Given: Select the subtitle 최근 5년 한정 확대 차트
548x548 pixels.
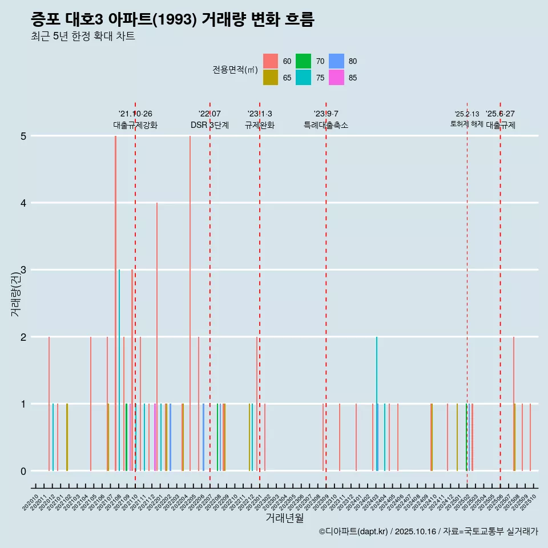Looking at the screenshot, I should pyautogui.click(x=83, y=37).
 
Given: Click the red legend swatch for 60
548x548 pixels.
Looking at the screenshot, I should pyautogui.click(x=271, y=61).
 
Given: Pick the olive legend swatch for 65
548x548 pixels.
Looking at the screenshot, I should pyautogui.click(x=271, y=78).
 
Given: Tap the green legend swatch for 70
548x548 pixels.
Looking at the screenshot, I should pyautogui.click(x=304, y=61).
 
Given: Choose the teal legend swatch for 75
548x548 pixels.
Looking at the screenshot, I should pyautogui.click(x=304, y=78).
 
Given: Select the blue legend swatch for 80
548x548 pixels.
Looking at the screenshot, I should pyautogui.click(x=337, y=61).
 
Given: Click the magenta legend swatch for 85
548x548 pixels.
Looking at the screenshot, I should pyautogui.click(x=337, y=78).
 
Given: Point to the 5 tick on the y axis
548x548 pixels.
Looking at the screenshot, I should pyautogui.click(x=23, y=136).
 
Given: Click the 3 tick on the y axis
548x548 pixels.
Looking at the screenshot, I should pyautogui.click(x=23, y=270).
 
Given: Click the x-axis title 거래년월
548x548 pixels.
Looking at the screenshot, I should pyautogui.click(x=284, y=518).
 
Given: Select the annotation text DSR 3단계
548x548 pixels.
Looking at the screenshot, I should pyautogui.click(x=209, y=125).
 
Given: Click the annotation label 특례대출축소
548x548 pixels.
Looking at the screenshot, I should pyautogui.click(x=325, y=125).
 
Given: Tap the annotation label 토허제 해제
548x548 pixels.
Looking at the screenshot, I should pyautogui.click(x=466, y=124).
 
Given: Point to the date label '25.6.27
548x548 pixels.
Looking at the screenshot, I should pyautogui.click(x=500, y=114).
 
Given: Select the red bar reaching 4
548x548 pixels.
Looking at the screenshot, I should pyautogui.click(x=157, y=337).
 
